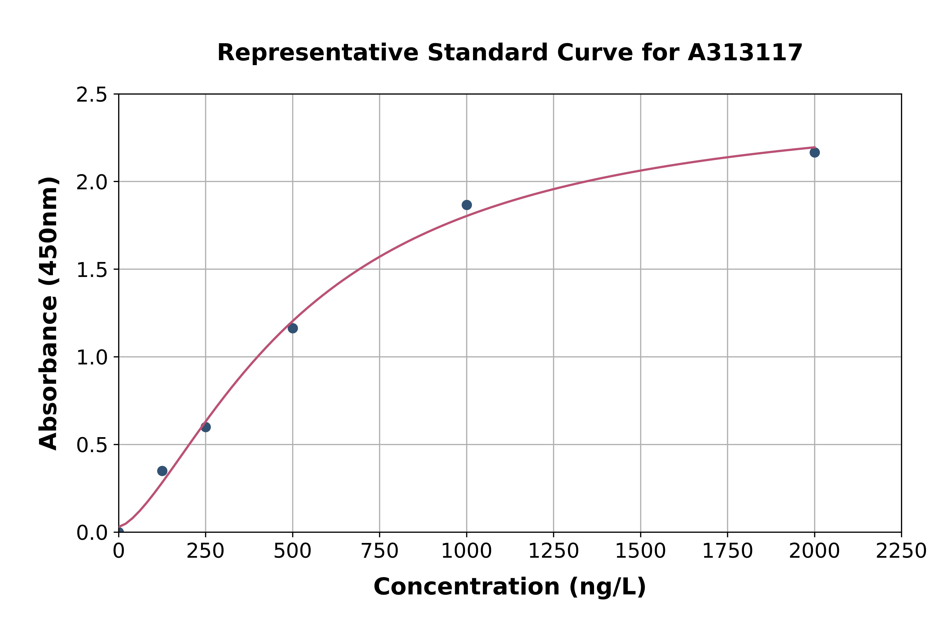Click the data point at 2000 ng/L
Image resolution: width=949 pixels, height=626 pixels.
814,153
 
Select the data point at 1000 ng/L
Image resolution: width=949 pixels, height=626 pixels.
466,205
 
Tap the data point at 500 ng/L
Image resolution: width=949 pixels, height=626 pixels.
293,328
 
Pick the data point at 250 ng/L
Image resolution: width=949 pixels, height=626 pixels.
206,427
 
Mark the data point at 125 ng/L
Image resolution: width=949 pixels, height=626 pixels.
162,471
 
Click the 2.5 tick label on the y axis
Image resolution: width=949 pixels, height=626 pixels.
92,95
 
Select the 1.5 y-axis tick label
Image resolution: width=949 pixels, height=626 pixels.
92,270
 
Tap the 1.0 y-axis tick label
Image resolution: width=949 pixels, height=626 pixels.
92,357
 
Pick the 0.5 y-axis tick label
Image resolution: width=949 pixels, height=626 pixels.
92,445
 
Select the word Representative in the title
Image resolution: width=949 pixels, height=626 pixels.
318,53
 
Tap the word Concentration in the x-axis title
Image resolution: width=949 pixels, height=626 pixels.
466,587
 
